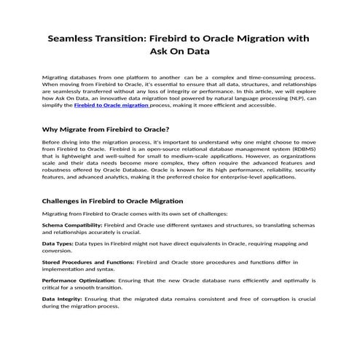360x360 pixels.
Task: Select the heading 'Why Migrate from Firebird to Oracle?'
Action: pos(102,128)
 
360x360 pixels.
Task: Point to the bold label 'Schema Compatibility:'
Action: pos(72,227)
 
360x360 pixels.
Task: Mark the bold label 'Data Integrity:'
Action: pos(62,299)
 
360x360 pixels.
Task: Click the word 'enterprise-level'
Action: pos(233,176)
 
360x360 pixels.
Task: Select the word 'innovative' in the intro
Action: pos(131,98)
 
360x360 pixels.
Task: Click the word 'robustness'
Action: pos(59,170)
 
